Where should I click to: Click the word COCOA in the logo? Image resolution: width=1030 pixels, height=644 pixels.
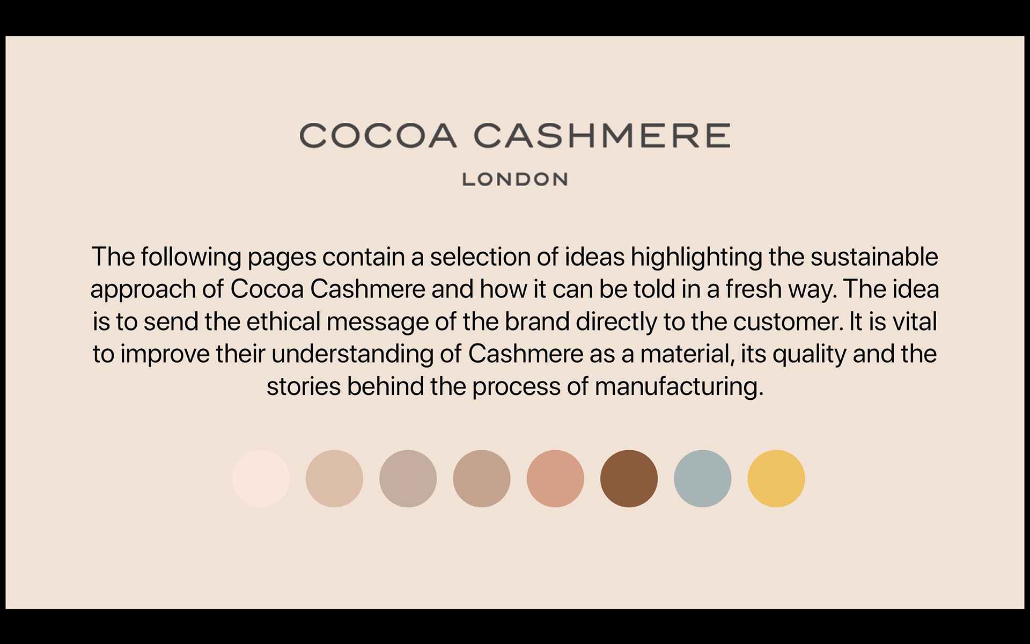[378, 135]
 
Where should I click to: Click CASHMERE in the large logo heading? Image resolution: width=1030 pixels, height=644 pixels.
[602, 135]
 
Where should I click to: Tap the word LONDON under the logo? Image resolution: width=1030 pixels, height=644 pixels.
[515, 179]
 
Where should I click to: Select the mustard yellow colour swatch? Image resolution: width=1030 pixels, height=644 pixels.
[776, 479]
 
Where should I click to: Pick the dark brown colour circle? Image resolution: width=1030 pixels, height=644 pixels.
[629, 479]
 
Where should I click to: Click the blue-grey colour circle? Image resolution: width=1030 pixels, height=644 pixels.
[703, 479]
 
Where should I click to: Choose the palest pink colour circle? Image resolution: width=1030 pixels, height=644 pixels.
[261, 479]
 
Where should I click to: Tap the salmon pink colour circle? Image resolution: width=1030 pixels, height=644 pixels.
[555, 479]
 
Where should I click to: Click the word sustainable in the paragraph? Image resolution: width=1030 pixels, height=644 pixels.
[874, 257]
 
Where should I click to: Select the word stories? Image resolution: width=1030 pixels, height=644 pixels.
[304, 387]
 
